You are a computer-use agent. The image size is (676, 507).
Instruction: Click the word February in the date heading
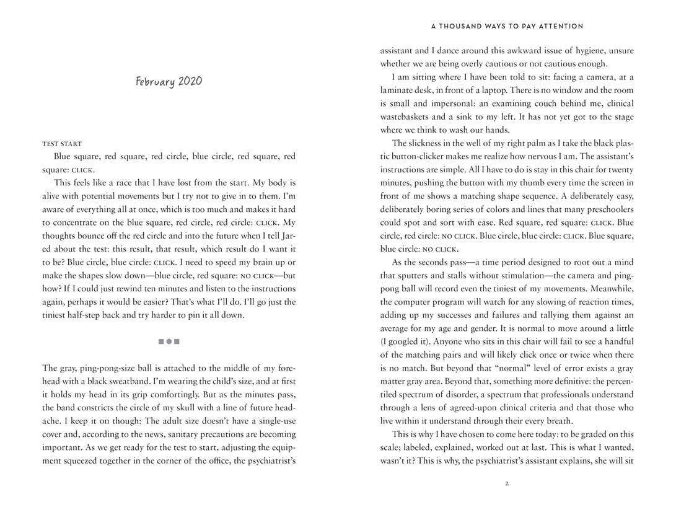[x=155, y=82]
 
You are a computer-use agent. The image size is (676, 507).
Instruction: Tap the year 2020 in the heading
[x=190, y=81]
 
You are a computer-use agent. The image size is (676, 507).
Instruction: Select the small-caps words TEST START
[x=62, y=143]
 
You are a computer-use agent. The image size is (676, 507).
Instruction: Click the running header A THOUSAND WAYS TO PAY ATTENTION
[x=507, y=27]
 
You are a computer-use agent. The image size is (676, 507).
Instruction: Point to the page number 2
[x=507, y=483]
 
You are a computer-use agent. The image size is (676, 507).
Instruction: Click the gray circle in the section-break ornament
[x=169, y=341]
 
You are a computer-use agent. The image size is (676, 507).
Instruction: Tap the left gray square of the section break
[x=161, y=341]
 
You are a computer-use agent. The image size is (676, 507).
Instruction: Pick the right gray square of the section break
[x=177, y=341]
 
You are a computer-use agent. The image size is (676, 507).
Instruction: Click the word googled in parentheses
[x=407, y=342]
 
